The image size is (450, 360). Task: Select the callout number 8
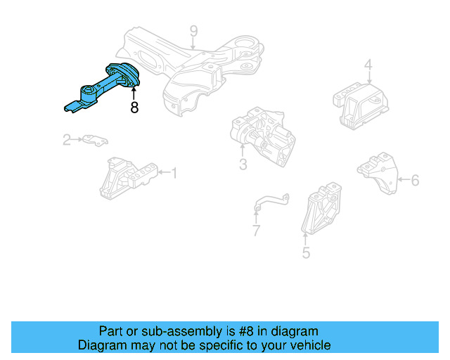pyautogui.click(x=134, y=108)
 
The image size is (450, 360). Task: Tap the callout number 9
pyautogui.click(x=193, y=31)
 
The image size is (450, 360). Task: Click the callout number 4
pyautogui.click(x=368, y=66)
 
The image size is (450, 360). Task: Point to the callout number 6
pyautogui.click(x=415, y=181)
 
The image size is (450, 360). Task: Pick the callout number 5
pyautogui.click(x=306, y=252)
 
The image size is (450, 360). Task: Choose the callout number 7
pyautogui.click(x=256, y=231)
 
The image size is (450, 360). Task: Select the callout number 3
pyautogui.click(x=243, y=165)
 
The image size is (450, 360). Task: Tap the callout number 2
pyautogui.click(x=67, y=140)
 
